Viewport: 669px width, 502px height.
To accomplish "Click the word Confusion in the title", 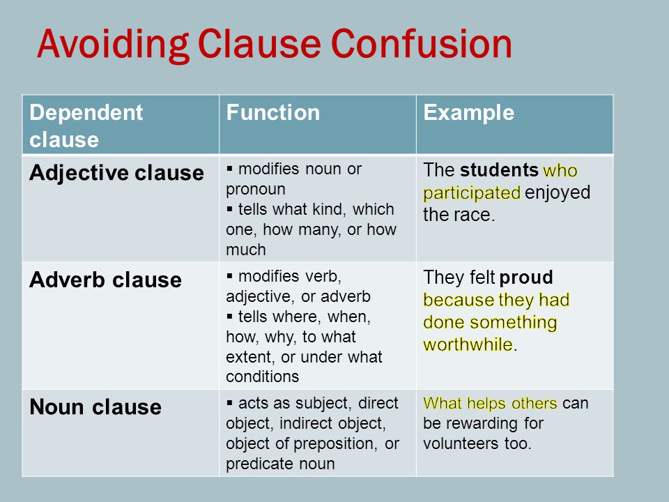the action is point(421,44).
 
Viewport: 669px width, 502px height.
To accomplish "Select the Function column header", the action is point(273,113).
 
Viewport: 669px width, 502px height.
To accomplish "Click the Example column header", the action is point(468,114).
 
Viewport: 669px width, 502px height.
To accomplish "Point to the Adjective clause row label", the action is point(116,174).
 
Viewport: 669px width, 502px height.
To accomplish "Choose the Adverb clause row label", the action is point(105,280).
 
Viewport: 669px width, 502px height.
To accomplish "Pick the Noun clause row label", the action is point(95,406).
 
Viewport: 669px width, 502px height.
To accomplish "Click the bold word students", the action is point(499,170).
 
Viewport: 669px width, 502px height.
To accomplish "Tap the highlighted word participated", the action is point(472,193).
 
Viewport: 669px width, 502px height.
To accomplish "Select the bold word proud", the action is point(527,278).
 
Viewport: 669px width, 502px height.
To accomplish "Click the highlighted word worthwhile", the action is point(468,344).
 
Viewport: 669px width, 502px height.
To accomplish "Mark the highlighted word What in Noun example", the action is point(443,404).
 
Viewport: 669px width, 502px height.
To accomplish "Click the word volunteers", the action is point(461,443).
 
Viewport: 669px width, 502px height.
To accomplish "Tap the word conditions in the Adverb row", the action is point(263,376).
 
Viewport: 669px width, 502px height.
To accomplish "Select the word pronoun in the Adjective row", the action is point(256,190).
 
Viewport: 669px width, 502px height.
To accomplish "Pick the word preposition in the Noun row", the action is point(335,444).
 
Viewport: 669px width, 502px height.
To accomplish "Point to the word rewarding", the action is point(482,424).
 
